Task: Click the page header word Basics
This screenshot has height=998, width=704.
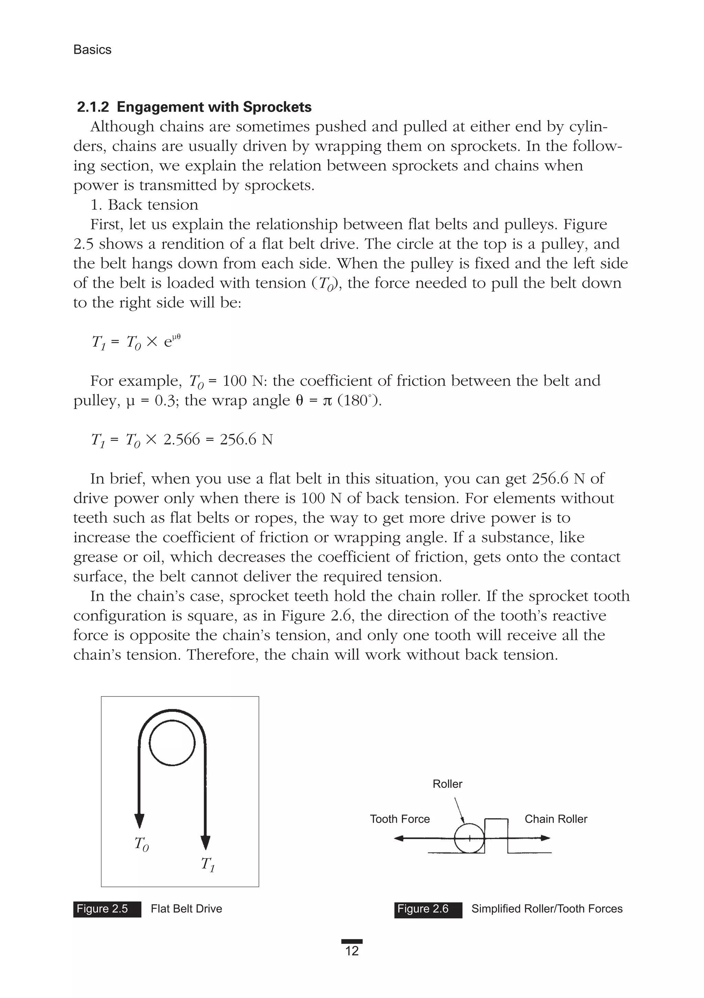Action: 92,50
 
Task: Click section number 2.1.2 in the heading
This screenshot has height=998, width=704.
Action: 92,107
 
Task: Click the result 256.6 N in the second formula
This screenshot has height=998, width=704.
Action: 246,440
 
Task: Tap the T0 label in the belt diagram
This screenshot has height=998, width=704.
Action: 142,844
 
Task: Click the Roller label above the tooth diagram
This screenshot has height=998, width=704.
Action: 447,784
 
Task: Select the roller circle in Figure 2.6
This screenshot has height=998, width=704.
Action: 469,838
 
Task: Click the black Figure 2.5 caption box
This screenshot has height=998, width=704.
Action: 107,909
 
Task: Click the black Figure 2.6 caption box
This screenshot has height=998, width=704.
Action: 428,909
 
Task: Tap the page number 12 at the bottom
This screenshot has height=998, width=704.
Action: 352,951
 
